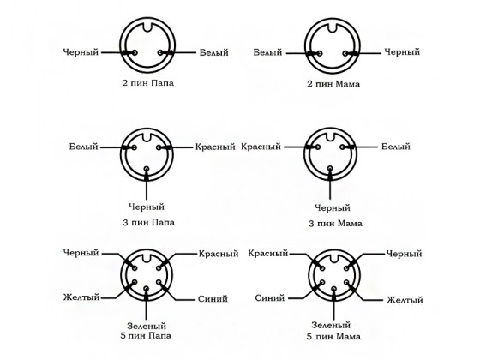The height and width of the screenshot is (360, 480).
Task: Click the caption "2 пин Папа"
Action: [x=147, y=83]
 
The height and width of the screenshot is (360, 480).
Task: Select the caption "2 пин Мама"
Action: [x=333, y=84]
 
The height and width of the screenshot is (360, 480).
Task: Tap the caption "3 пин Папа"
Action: [x=148, y=222]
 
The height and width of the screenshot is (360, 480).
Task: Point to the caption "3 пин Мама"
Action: [x=335, y=224]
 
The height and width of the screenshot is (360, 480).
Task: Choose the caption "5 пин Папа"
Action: [x=146, y=335]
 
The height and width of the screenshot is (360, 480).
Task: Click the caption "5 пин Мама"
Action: [x=333, y=337]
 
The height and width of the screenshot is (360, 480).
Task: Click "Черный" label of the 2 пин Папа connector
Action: [x=81, y=52]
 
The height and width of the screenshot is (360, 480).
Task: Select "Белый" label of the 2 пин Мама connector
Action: [x=267, y=52]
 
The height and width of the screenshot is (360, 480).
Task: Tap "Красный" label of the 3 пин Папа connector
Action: [x=215, y=147]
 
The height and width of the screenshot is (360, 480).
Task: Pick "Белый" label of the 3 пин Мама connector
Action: [x=396, y=147]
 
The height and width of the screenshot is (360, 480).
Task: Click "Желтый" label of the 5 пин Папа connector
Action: [x=81, y=297]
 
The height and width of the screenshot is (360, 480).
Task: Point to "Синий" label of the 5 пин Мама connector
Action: [x=270, y=298]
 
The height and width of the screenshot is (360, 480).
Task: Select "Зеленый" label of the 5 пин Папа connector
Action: [x=147, y=326]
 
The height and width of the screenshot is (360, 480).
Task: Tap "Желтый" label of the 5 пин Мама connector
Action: [x=405, y=300]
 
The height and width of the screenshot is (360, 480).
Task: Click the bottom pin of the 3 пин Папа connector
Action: [x=147, y=169]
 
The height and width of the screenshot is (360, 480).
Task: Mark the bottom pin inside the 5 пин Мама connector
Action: [x=334, y=289]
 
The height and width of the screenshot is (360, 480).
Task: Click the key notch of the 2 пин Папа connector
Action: [x=147, y=26]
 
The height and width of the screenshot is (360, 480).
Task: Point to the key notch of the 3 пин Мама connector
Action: [x=330, y=136]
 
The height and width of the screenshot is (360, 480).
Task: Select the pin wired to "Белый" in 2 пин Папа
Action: [x=161, y=52]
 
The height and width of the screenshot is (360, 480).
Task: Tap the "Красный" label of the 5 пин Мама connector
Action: [x=268, y=254]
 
